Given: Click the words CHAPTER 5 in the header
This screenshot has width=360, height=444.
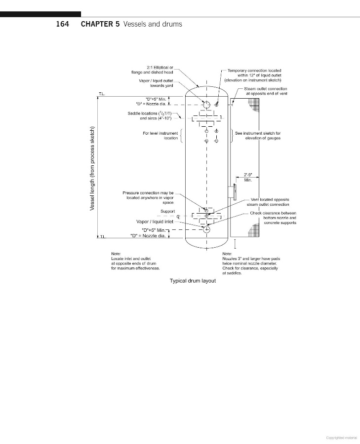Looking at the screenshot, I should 101,24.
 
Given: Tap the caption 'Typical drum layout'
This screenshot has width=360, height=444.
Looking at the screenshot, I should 193,281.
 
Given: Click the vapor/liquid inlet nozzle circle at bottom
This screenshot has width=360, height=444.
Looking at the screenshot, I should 207,229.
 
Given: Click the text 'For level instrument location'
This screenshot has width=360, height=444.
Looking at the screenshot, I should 160,136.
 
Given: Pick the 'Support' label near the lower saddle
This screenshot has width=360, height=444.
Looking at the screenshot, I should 168,211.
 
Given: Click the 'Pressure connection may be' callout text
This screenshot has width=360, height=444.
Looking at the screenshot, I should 148,193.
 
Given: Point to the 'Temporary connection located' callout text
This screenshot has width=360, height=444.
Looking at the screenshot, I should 254,71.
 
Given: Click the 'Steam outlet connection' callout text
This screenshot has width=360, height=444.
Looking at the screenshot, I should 266,88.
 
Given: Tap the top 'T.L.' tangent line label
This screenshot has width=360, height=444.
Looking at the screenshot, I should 102,93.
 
